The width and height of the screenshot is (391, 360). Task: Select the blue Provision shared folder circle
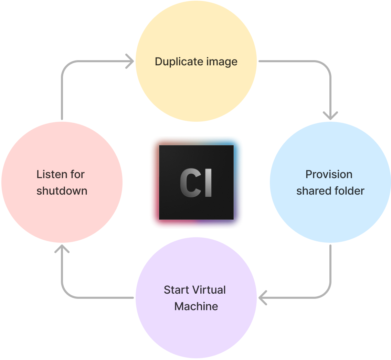(330, 213)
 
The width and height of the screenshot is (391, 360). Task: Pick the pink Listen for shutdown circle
(62, 213)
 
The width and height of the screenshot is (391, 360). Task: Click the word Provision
(329, 174)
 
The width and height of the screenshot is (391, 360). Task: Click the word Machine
(196, 306)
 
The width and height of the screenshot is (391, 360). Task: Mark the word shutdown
(62, 191)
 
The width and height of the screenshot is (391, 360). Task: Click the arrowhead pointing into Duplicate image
(130, 61)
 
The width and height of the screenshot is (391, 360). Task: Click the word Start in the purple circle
(176, 290)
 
